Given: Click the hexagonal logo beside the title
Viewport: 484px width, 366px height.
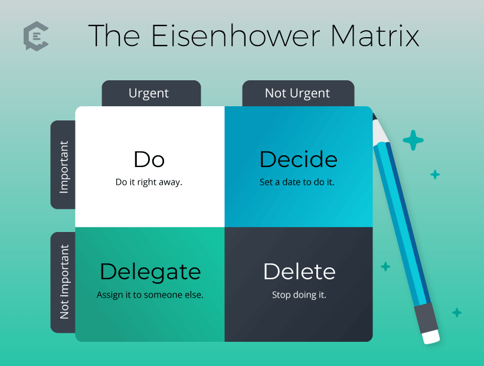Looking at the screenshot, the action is pos(36,36).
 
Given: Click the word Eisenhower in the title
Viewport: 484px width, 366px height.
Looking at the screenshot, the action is pos(236,36).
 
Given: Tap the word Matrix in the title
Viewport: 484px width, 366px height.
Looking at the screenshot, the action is pos(375,36).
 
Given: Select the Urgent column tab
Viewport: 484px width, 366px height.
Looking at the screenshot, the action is pos(151,93).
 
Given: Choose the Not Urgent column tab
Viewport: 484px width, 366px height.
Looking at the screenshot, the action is pos(298,93).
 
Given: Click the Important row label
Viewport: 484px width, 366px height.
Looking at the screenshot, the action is pos(63,165).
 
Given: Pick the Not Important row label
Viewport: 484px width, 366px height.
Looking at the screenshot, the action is pos(63,282).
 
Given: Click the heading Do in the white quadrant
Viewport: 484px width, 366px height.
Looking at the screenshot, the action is pos(149,159).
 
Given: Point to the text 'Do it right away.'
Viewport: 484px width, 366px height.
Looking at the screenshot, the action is pos(149,182).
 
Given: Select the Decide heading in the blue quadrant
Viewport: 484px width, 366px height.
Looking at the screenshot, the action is pos(299,159).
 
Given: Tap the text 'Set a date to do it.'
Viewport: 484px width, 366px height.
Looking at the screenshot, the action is pos(297,182).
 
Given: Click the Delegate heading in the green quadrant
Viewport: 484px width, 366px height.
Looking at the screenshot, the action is pos(151,273).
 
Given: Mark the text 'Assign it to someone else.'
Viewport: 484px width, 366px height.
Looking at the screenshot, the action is pos(150,295).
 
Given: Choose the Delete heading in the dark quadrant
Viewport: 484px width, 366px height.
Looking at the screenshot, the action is pos(299,272).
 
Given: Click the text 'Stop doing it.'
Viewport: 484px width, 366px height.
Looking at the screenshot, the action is pos(299,295).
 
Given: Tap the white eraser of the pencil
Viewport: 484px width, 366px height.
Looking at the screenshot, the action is pos(431,336).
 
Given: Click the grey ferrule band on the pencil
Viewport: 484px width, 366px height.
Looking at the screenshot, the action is pos(426,318).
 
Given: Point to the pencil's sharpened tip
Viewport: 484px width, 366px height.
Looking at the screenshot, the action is pos(374,116).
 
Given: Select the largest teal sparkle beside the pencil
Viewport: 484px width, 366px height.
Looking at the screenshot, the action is pos(413,140).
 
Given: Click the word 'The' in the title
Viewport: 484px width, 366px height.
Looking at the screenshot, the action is pos(114,36).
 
